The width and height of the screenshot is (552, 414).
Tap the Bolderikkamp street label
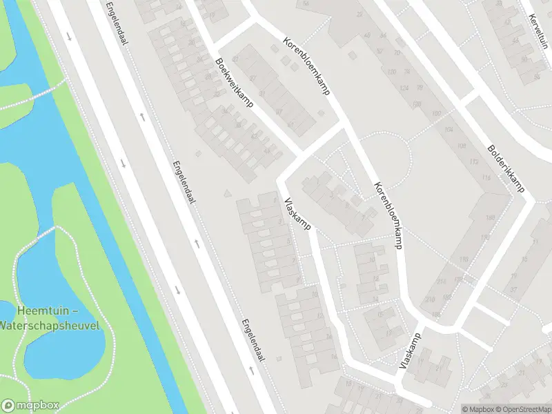pyautogui.click(x=506, y=168)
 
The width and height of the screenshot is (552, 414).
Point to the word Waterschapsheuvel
pyautogui.click(x=50, y=325)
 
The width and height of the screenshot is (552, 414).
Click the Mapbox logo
pyautogui.click(x=30, y=406)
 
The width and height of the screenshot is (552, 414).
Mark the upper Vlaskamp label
pyautogui.click(x=298, y=214)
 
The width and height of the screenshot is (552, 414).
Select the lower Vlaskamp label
pyautogui.click(x=410, y=350)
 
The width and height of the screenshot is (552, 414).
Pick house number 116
pyautogui.click(x=486, y=179)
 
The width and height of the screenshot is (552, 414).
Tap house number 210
pyautogui.click(x=429, y=299)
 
